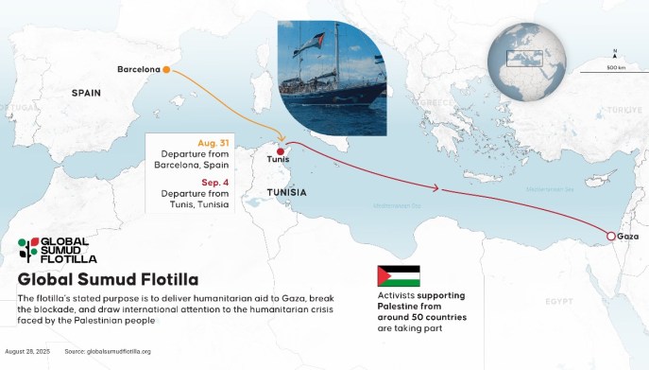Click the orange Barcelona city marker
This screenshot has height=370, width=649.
166,69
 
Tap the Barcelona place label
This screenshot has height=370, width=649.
137,69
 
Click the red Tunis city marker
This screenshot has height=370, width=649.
280,150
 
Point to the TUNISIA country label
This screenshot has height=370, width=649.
286,192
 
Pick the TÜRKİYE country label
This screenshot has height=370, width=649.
623,110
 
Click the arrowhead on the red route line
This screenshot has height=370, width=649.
436,188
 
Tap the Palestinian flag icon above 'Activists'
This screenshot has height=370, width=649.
398,276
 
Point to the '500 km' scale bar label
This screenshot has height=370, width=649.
616,68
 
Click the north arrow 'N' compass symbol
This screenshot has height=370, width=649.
615,50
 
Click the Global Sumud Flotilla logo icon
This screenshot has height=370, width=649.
27,249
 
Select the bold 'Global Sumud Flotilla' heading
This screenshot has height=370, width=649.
108,279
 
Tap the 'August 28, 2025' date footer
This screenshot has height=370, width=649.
26,352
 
